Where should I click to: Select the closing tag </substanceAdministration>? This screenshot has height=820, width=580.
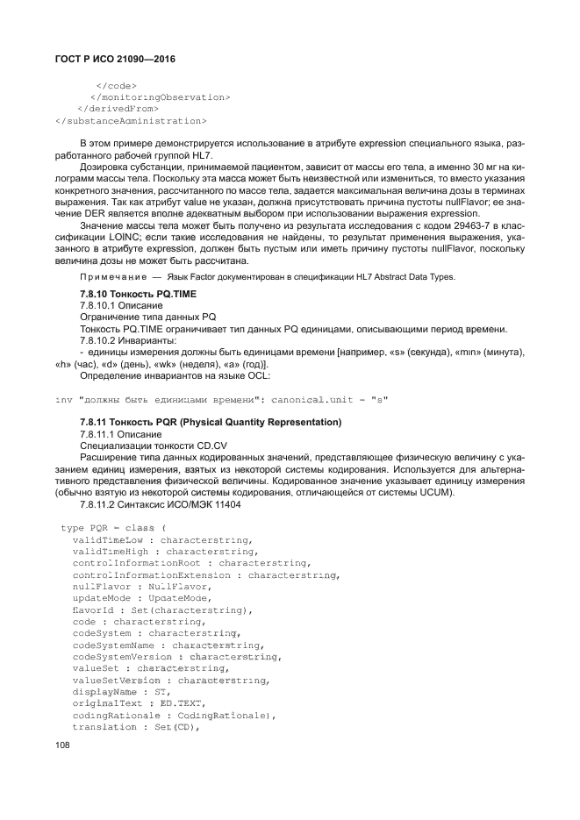131,120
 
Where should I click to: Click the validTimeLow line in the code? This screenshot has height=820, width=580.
162,540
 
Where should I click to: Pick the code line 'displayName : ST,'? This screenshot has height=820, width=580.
121,691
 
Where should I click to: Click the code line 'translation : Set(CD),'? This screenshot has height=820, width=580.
137,727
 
